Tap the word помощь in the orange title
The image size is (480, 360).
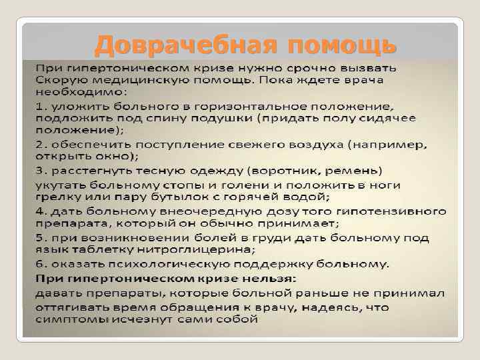(x=343, y=45)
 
